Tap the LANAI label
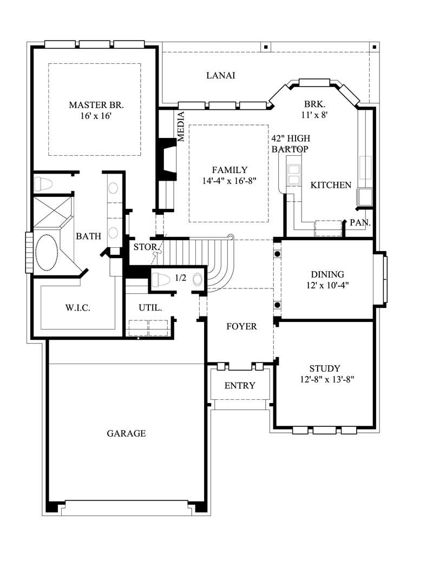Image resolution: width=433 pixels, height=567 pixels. [221, 76]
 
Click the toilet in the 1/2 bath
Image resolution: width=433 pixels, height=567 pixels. [161, 280]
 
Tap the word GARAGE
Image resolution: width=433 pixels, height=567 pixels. [126, 433]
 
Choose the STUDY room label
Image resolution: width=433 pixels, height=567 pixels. [325, 369]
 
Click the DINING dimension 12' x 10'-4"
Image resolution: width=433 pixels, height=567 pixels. [327, 285]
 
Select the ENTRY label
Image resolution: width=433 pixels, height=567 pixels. [240, 386]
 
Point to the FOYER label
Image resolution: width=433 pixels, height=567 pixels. [241, 327]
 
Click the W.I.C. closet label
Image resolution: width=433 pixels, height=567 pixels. [77, 308]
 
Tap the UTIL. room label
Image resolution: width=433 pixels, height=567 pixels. [150, 308]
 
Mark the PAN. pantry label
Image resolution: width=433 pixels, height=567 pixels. [360, 222]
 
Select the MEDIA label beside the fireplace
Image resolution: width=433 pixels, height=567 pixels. [181, 127]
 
